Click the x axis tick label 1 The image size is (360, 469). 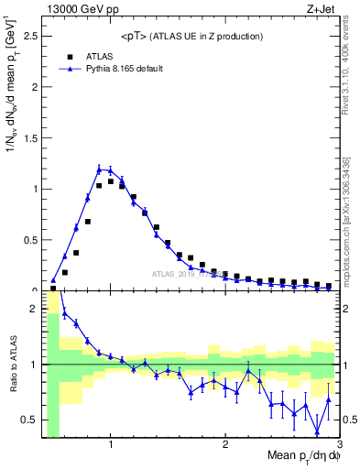click(111, 445)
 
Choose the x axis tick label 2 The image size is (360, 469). click(225, 445)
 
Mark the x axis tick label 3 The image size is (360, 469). click(339, 445)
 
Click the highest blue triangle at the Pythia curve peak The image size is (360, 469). click(99, 169)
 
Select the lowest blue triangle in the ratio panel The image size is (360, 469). click(317, 432)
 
